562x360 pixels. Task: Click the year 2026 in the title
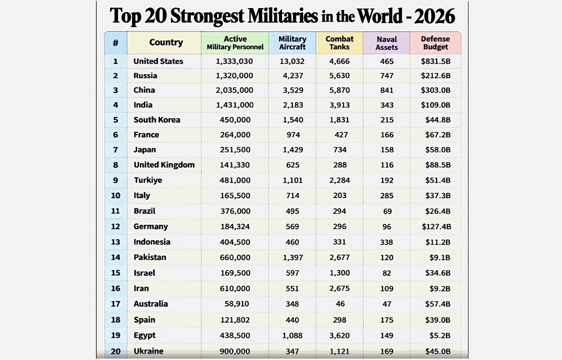click(435, 16)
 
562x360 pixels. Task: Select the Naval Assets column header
click(387, 43)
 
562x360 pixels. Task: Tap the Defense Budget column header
click(436, 43)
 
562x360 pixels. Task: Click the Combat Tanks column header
click(340, 43)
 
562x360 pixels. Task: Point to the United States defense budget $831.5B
click(436, 61)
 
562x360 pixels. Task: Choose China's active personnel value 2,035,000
click(234, 90)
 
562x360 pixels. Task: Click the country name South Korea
click(157, 120)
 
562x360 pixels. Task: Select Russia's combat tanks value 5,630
click(340, 75)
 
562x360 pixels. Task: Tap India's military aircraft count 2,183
click(293, 105)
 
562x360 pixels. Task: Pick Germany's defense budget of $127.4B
click(436, 227)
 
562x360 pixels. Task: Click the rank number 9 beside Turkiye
click(115, 180)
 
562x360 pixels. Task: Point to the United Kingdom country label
click(164, 165)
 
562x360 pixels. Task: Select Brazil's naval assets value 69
click(387, 211)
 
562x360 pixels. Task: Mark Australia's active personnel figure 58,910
click(237, 304)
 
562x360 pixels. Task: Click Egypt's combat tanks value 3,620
click(340, 336)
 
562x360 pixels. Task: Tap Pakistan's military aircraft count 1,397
click(293, 257)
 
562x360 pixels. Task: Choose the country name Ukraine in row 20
click(148, 351)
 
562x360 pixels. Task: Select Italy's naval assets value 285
click(387, 195)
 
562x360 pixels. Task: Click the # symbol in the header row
click(115, 43)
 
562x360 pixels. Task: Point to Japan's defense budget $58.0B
click(438, 150)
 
